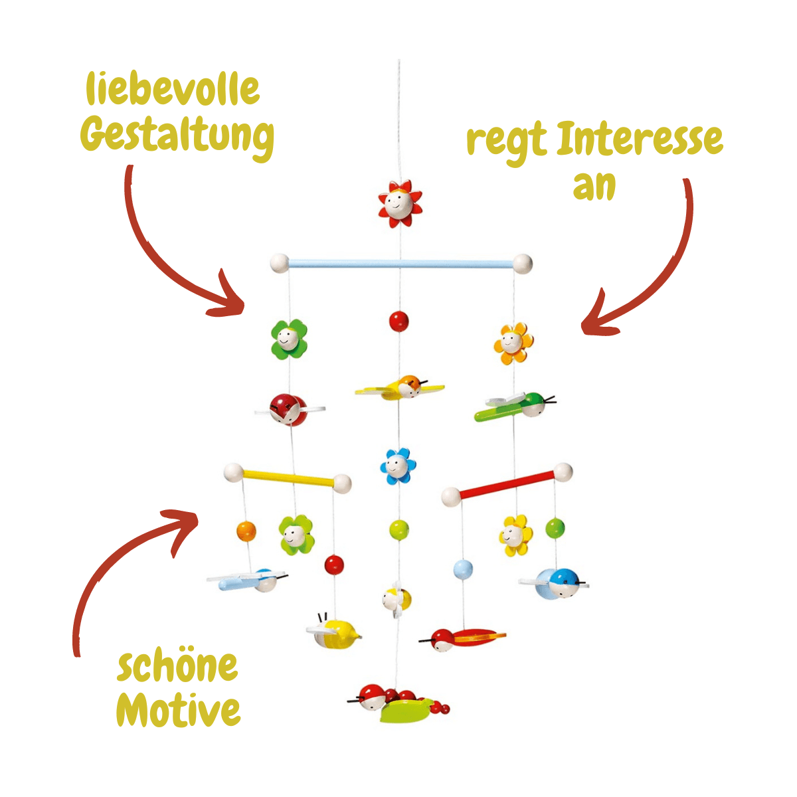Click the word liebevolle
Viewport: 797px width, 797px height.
173,90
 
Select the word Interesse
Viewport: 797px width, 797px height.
640,139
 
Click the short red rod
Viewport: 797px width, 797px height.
507,484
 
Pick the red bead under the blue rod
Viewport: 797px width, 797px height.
398,321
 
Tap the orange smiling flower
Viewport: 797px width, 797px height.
513,343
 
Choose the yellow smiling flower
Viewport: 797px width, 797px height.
515,535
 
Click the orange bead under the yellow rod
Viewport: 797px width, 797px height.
246,531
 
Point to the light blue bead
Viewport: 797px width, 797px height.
463,569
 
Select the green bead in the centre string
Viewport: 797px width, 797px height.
398,529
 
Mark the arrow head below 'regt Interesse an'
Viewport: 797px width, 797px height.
598,317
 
